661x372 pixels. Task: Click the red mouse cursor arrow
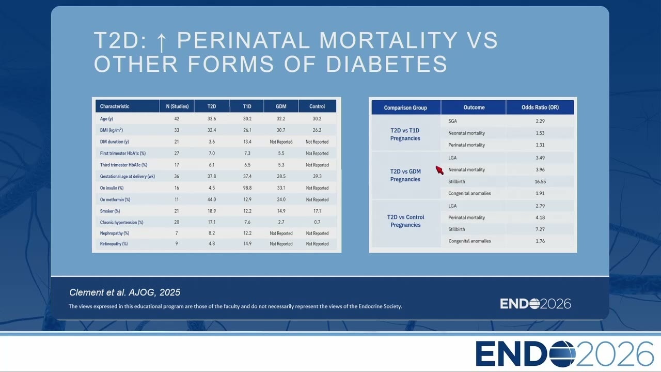click(x=439, y=170)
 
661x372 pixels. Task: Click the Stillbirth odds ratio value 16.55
click(x=540, y=181)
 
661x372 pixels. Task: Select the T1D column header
click(x=247, y=106)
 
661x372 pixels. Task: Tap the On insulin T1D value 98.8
click(x=247, y=188)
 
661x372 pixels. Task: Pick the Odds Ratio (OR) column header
click(x=540, y=107)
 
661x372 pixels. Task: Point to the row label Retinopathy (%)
click(x=114, y=243)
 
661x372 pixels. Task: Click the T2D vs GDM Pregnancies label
click(x=405, y=175)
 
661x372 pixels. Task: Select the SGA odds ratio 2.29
click(x=540, y=121)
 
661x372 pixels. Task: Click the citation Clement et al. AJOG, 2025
click(x=124, y=292)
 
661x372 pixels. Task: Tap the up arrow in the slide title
click(x=161, y=43)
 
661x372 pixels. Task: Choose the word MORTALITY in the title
click(x=388, y=40)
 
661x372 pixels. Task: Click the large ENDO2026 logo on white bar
click(x=564, y=354)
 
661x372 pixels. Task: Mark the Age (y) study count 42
click(x=177, y=119)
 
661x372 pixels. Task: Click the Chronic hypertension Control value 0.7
click(x=317, y=222)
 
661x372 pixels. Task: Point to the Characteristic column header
click(x=115, y=106)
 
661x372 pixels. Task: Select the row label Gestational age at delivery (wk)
click(x=127, y=176)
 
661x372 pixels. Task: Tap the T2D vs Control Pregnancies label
click(x=405, y=221)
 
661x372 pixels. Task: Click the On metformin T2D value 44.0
click(x=212, y=199)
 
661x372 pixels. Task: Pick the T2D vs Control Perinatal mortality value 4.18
click(x=540, y=218)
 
